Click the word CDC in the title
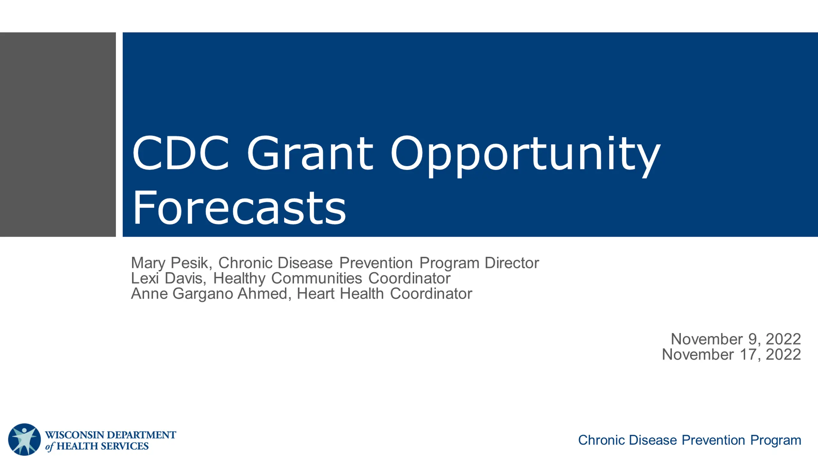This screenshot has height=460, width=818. (x=181, y=152)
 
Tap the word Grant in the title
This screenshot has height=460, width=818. (x=310, y=152)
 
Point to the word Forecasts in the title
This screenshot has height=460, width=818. (x=239, y=207)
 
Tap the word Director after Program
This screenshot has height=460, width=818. (x=512, y=263)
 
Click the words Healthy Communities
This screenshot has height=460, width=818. (x=288, y=278)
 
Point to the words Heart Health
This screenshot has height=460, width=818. (x=340, y=294)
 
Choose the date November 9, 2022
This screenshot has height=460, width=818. (x=736, y=339)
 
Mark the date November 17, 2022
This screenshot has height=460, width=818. (x=731, y=354)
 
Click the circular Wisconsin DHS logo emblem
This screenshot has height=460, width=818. (x=24, y=440)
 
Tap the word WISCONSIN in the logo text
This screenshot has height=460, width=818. (x=74, y=435)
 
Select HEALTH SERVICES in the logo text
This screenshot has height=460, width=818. (x=103, y=446)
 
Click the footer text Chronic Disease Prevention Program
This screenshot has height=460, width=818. (x=690, y=440)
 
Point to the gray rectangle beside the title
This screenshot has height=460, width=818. (x=58, y=134)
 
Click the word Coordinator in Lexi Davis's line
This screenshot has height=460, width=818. (x=409, y=278)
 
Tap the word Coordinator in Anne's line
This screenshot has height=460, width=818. (x=431, y=294)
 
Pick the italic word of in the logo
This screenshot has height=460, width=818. (x=50, y=447)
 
